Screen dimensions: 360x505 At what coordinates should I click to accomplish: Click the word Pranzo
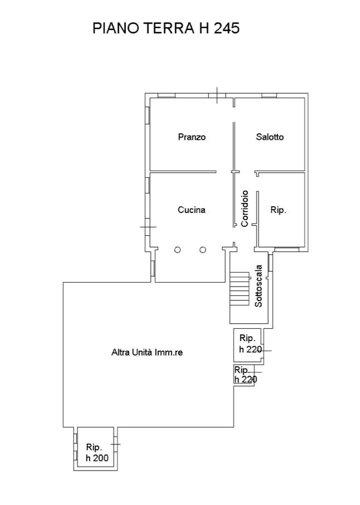pyautogui.click(x=192, y=137)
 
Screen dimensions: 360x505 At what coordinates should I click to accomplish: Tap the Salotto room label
pyautogui.click(x=270, y=137)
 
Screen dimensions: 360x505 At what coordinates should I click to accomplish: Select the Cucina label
pyautogui.click(x=192, y=210)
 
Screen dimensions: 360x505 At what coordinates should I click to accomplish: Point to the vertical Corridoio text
pyautogui.click(x=245, y=208)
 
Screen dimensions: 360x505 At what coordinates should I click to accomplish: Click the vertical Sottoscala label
pyautogui.click(x=259, y=286)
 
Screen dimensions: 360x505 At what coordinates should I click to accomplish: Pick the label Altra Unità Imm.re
pyautogui.click(x=147, y=352)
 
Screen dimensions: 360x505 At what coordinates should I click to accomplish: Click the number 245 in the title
pyautogui.click(x=227, y=28)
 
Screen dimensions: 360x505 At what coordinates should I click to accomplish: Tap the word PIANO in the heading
pyautogui.click(x=116, y=28)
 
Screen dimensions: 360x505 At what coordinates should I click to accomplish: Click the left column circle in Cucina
pyautogui.click(x=177, y=250)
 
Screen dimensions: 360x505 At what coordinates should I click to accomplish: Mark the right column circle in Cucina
pyautogui.click(x=203, y=250)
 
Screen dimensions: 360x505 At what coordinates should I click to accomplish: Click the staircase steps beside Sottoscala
pyautogui.click(x=240, y=288)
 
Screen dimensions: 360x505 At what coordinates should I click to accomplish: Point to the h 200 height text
pyautogui.click(x=97, y=458)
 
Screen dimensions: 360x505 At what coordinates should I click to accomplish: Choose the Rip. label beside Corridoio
pyautogui.click(x=278, y=210)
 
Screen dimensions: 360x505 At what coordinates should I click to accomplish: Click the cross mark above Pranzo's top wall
pyautogui.click(x=217, y=95)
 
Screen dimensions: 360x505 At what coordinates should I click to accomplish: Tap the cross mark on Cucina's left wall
pyautogui.click(x=148, y=227)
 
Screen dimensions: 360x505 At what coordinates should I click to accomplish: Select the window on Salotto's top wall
pyautogui.click(x=269, y=95)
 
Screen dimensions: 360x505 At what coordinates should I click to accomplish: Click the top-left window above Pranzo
pyautogui.click(x=167, y=95)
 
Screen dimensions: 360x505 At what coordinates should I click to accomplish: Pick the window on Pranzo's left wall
pyautogui.click(x=148, y=115)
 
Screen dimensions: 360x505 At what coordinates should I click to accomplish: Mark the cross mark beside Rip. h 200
pyautogui.click(x=115, y=444)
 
